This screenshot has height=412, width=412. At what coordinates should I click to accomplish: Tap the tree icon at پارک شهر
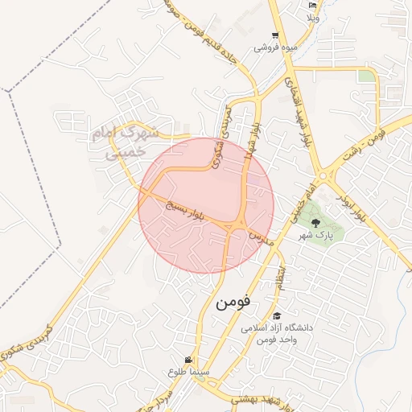(315, 221)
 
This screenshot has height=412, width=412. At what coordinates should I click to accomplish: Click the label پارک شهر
(318, 236)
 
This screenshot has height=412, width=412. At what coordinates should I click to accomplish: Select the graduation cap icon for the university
(278, 315)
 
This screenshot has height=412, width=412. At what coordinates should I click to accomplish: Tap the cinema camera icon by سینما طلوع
(188, 360)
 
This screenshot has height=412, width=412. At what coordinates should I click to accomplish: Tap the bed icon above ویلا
(313, 6)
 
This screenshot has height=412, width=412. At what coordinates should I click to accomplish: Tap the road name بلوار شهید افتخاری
(294, 109)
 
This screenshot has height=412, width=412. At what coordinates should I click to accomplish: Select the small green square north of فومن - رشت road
(367, 76)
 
